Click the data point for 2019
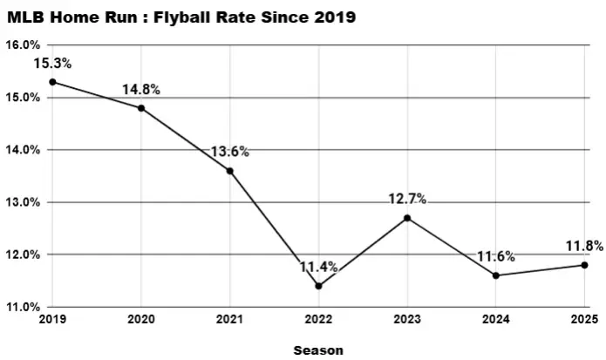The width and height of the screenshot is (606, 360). (x=52, y=82)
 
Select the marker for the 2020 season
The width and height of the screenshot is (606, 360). (x=141, y=108)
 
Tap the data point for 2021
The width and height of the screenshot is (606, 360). (x=230, y=171)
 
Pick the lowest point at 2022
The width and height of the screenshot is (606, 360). (x=318, y=286)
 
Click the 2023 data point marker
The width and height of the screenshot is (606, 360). (x=407, y=218)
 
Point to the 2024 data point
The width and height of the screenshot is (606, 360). (x=495, y=275)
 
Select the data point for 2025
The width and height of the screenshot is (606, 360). (x=584, y=265)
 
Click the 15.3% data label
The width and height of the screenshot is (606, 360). (x=52, y=64)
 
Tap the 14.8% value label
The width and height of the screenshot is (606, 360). (x=141, y=89)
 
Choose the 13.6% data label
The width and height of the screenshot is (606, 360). (x=230, y=152)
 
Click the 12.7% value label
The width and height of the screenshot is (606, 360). (x=407, y=200)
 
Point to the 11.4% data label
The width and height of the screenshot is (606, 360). (x=318, y=268)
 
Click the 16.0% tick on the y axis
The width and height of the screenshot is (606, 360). (x=21, y=45)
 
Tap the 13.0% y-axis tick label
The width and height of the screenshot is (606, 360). (x=21, y=202)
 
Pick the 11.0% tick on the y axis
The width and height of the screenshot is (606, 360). (x=21, y=307)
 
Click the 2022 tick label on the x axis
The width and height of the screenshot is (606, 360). (x=318, y=320)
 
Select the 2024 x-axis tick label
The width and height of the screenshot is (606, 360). (x=495, y=320)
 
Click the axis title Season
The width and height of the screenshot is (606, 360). (x=318, y=350)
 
